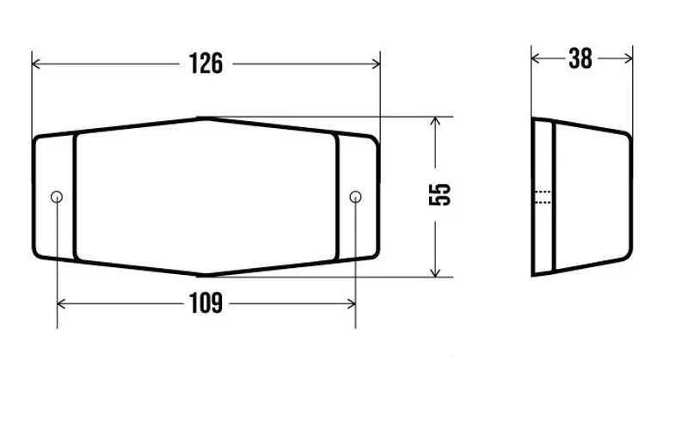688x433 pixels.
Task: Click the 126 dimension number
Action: point(206,64)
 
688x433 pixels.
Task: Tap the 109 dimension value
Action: point(206,303)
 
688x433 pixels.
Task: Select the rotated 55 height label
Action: point(439,194)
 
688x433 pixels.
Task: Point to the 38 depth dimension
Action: point(580,58)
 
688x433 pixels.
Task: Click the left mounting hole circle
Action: point(57,197)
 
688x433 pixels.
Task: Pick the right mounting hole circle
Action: point(355,197)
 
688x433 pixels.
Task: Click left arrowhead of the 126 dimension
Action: point(37,64)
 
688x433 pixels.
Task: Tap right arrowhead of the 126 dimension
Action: point(375,64)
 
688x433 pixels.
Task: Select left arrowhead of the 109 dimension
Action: point(62,304)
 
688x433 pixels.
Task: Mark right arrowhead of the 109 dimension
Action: point(351,304)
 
